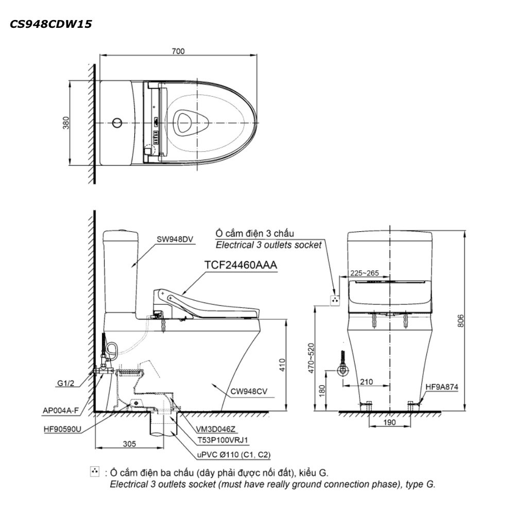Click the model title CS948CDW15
51,24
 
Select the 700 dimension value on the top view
178,51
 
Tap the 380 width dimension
66,123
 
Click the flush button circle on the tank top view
117,123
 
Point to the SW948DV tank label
175,239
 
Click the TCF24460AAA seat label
241,265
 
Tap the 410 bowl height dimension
282,365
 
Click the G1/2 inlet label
66,383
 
